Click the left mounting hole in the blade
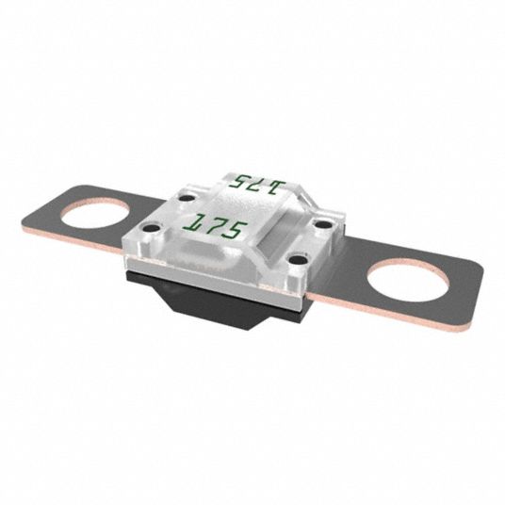(96, 214)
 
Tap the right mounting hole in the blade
(408, 280)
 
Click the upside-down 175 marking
(257, 184)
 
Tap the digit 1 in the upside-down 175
(277, 187)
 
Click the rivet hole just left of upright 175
(152, 228)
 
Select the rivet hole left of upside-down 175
(187, 199)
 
